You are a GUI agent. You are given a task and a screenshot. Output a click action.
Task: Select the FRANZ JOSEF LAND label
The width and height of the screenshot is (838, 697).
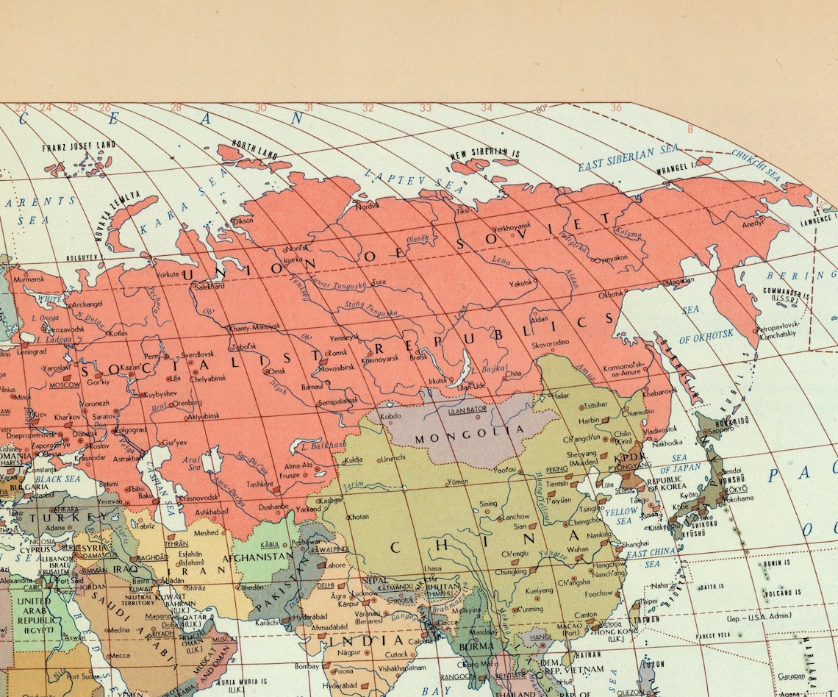pyautogui.click(x=79, y=147)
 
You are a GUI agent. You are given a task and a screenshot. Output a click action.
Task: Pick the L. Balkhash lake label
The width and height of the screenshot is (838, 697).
pyautogui.click(x=318, y=446)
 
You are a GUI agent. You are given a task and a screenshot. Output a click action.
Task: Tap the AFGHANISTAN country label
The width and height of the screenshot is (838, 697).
pyautogui.click(x=262, y=557)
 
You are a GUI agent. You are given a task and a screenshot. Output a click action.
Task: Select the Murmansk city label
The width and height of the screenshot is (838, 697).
pyautogui.click(x=29, y=279)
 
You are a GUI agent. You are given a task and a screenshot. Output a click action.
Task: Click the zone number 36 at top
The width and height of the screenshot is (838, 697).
pyautogui.click(x=615, y=107)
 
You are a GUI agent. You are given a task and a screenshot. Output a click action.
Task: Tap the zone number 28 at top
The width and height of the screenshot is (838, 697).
pyautogui.click(x=176, y=108)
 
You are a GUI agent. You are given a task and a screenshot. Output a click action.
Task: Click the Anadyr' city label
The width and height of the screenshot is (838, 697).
pyautogui.click(x=753, y=223)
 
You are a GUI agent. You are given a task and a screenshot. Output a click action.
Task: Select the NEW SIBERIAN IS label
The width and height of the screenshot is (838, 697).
pyautogui.click(x=485, y=154)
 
